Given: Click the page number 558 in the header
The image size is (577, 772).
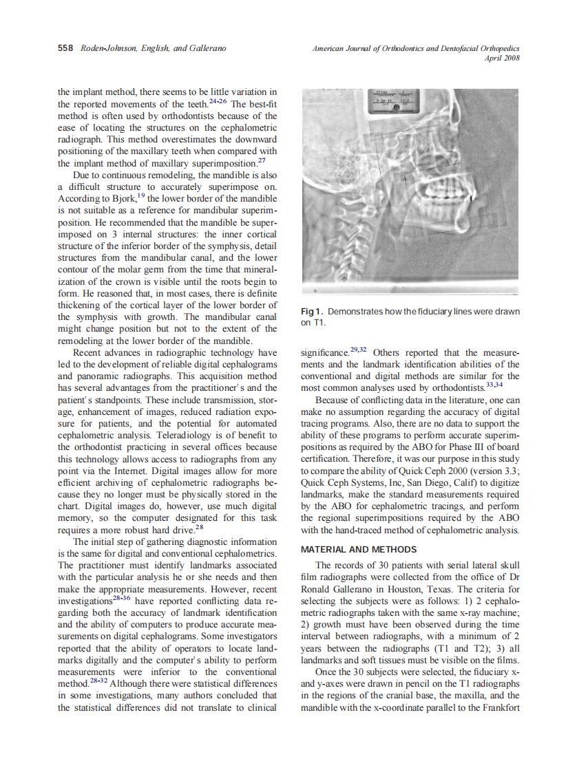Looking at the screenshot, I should pyautogui.click(x=67, y=48).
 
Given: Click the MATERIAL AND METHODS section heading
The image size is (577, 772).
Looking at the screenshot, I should pyautogui.click(x=359, y=549).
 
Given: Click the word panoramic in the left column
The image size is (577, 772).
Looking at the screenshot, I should pyautogui.click(x=78, y=376).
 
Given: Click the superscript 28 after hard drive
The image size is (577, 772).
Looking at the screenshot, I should pyautogui.click(x=199, y=528).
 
